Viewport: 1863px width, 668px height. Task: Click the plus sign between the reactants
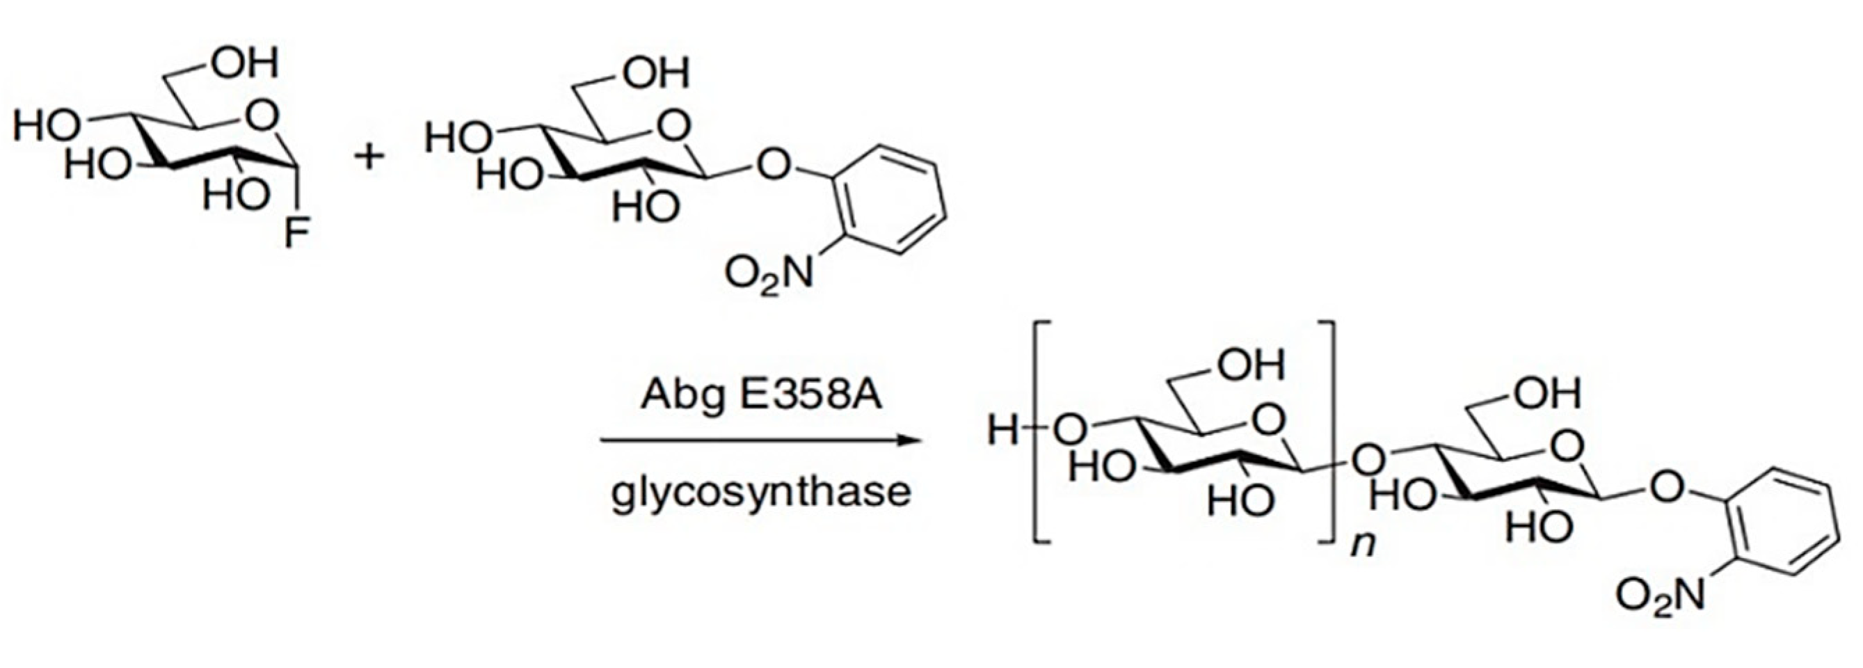click(x=369, y=156)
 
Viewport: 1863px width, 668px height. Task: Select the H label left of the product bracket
click(x=1003, y=432)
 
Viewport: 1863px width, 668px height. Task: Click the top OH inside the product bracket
click(x=1252, y=366)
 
